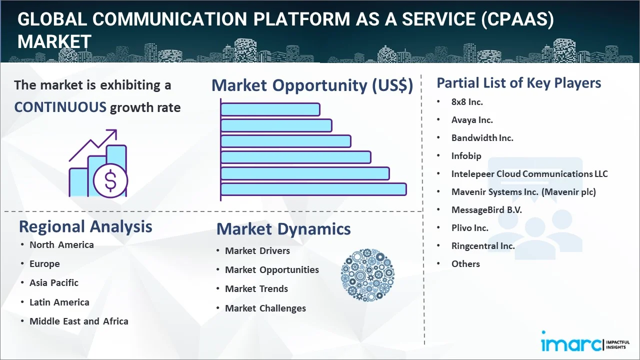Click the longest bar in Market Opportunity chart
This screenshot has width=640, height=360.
pyautogui.click(x=313, y=189)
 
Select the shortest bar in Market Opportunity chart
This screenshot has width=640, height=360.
pyautogui.click(x=270, y=109)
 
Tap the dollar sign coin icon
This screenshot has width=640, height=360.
pyautogui.click(x=110, y=180)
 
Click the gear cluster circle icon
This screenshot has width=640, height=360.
pyautogui.click(x=367, y=275)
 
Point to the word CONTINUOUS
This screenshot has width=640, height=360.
pyautogui.click(x=60, y=107)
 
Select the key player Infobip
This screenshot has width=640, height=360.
pyautogui.click(x=466, y=156)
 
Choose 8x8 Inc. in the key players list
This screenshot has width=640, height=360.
pyautogui.click(x=467, y=102)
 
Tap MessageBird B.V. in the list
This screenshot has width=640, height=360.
pyautogui.click(x=486, y=210)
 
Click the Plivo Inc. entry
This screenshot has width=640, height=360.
pyautogui.click(x=469, y=228)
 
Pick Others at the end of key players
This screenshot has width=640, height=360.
pyautogui.click(x=465, y=264)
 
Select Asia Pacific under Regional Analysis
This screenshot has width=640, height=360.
pyautogui.click(x=54, y=283)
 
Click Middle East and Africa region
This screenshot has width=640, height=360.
pyautogui.click(x=79, y=321)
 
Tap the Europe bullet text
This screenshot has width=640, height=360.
pyautogui.click(x=44, y=264)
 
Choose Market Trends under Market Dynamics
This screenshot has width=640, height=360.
pyautogui.click(x=256, y=289)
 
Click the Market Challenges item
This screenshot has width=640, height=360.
pyautogui.click(x=265, y=308)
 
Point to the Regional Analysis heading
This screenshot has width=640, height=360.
pyautogui.click(x=85, y=227)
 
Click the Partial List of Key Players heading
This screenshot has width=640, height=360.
pyautogui.click(x=519, y=83)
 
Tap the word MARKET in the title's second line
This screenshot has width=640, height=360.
pyautogui.click(x=54, y=41)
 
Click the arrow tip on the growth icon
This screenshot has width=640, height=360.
pyautogui.click(x=116, y=130)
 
